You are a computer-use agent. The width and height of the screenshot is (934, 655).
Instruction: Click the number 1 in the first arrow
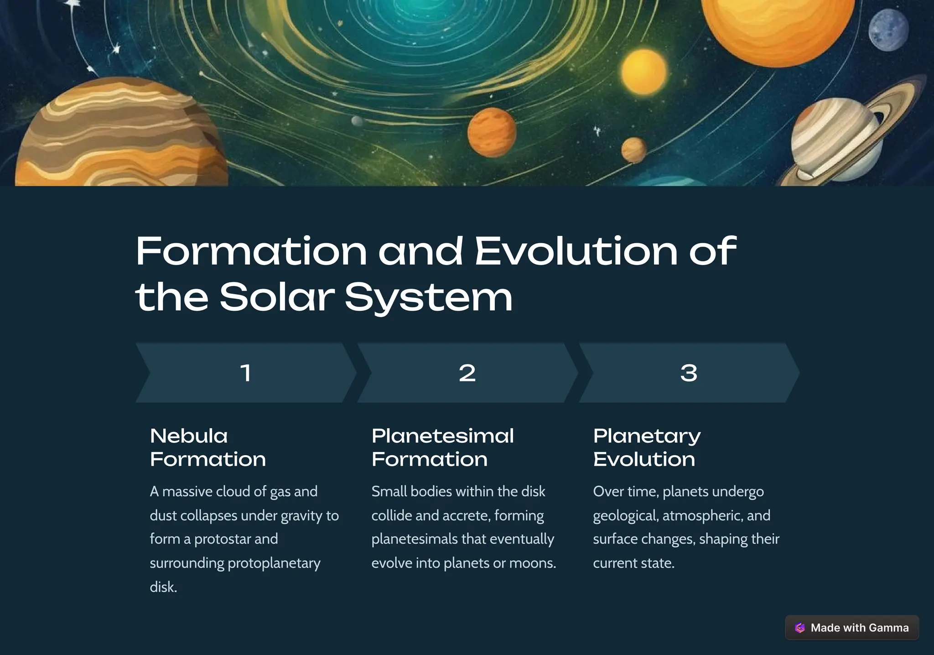point(246,373)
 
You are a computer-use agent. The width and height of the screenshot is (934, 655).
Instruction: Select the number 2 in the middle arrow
point(467,373)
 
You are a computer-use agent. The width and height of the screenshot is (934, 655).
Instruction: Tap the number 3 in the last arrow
point(689,373)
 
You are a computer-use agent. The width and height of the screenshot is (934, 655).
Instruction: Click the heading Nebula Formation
point(208,447)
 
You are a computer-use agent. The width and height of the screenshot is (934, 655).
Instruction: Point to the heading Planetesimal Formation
point(442,447)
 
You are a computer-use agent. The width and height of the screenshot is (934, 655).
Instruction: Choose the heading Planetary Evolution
point(647,447)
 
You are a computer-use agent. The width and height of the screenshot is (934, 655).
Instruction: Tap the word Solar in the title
point(277,297)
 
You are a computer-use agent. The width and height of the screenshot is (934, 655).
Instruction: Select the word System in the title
point(429,297)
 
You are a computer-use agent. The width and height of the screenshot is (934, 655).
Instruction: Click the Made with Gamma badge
point(851,628)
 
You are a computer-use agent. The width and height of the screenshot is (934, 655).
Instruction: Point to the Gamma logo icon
point(800,628)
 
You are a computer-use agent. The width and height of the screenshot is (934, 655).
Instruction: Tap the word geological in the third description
point(625,515)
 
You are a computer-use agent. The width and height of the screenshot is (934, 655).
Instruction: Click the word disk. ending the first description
point(163,587)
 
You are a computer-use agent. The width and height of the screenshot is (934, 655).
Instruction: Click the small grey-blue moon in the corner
point(888,30)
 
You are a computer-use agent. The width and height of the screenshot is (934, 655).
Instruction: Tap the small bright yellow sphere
point(643,72)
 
